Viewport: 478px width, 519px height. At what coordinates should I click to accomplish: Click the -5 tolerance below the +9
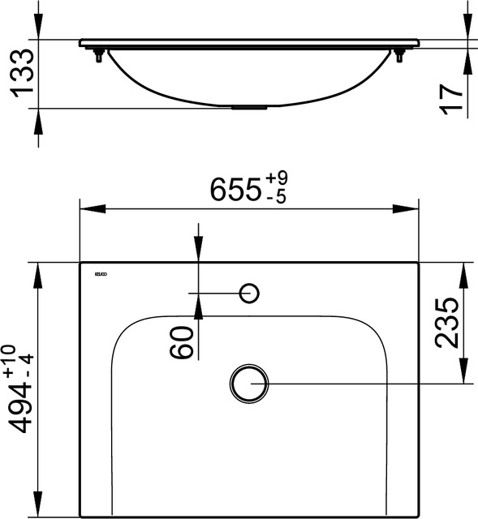coord(276,197)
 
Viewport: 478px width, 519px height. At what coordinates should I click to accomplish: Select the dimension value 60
coord(182,341)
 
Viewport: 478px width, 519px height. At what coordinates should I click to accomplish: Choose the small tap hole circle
coord(249,292)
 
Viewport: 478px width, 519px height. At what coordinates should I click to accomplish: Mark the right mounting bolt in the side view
coord(399,56)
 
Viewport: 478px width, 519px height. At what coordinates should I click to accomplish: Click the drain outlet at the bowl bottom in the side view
coord(250,105)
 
